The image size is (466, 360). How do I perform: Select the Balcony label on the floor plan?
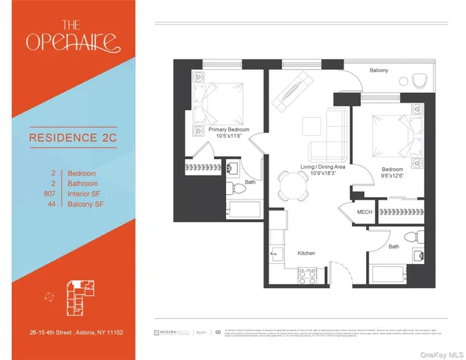378,70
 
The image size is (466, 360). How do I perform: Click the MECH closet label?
365,212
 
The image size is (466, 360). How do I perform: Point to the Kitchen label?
307,253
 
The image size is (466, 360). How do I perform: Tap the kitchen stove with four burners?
308,274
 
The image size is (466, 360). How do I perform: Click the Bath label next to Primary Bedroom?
249,182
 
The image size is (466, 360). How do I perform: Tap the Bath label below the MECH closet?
393,246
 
